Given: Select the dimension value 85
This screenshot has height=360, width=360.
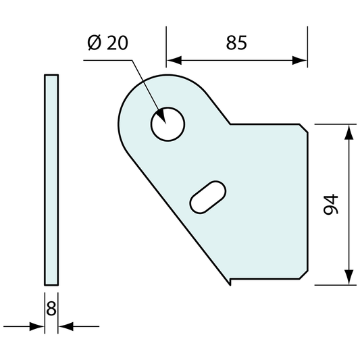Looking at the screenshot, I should pos(236,43).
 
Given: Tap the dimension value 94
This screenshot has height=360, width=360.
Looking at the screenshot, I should pos(330,204).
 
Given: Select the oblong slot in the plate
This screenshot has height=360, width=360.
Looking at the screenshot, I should pos(208,197).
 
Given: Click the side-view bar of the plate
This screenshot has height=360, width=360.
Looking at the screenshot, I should pos(51,180).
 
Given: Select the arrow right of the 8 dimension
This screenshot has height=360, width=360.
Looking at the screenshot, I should pos(65,327).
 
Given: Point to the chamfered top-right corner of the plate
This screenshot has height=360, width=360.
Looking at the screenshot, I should pos(305,128).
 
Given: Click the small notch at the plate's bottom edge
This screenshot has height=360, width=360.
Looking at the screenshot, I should pos(231,281).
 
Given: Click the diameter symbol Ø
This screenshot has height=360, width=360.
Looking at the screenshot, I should pos(95,43).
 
